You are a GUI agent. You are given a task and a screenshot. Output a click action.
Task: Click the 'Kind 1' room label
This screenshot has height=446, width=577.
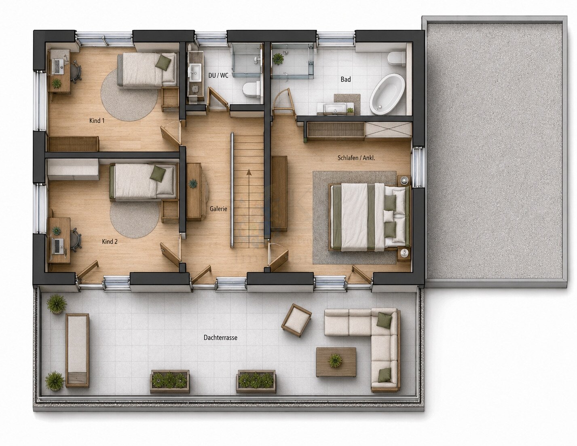(97, 121)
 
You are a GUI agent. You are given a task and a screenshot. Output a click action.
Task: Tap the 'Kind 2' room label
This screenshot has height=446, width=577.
(110, 242)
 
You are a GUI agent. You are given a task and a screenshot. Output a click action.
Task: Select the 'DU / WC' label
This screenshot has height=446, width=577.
(218, 76)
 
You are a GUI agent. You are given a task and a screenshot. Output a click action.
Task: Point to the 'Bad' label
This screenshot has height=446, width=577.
(346, 79)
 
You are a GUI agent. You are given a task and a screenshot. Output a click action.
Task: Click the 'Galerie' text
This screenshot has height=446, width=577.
(218, 209)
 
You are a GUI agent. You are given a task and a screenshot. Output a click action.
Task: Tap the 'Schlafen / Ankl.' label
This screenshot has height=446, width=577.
(356, 158)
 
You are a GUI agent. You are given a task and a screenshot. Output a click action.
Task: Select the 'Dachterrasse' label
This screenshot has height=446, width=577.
(220, 338)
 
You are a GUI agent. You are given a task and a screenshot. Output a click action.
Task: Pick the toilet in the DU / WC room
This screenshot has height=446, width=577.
(251, 90)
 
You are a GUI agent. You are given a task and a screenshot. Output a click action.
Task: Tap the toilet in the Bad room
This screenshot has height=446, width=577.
(397, 59)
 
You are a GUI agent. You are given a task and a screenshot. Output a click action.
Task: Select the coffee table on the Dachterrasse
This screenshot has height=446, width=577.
(336, 362)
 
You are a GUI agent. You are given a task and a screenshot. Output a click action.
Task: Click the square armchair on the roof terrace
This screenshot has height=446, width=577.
(296, 320)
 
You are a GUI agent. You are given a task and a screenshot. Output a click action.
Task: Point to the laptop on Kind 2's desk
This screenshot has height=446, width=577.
(58, 246)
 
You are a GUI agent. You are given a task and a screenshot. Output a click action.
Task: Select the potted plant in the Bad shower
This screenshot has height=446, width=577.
(278, 58)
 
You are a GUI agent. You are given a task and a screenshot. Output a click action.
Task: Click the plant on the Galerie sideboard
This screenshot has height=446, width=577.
(193, 184)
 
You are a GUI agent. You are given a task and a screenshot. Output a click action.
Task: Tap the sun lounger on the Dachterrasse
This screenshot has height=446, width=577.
(77, 350)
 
